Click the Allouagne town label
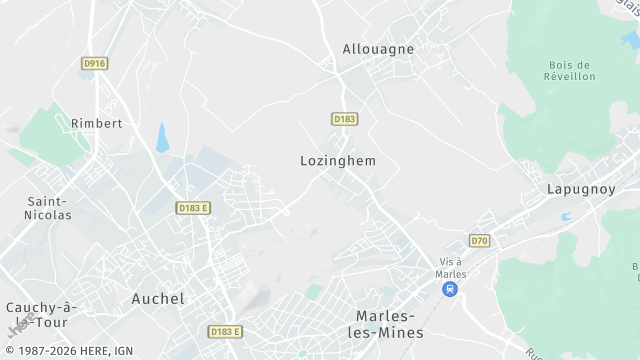[378, 48]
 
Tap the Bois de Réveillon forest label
[572, 70]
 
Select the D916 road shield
[94, 63]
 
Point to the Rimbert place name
[96, 123]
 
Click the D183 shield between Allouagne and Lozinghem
[345, 119]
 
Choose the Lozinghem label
[338, 160]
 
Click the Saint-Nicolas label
[48, 207]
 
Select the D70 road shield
[480, 241]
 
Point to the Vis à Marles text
[452, 268]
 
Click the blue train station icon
[451, 289]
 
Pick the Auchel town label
[158, 298]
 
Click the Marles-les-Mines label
[390, 323]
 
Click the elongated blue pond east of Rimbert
[163, 137]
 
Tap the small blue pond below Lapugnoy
[566, 215]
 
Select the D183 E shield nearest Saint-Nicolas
[193, 208]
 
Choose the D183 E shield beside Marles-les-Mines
[226, 331]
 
